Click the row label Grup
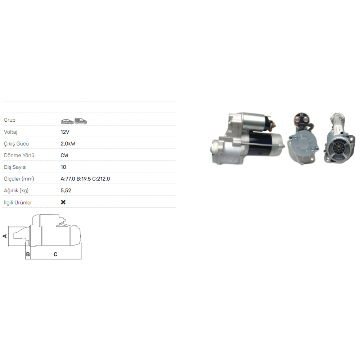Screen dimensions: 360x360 tap(10, 120)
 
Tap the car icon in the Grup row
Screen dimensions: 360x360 tap(67, 121)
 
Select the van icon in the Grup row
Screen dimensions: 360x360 tap(81, 121)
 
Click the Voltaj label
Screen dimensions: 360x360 tap(10, 132)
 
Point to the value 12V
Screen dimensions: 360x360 tap(65, 132)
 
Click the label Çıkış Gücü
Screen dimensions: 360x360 tap(16, 144)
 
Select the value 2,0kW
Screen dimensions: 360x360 tap(68, 144)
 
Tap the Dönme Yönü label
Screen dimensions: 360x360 tap(19, 155)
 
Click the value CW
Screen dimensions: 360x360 tap(64, 155)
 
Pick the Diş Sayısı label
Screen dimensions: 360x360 tap(15, 167)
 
